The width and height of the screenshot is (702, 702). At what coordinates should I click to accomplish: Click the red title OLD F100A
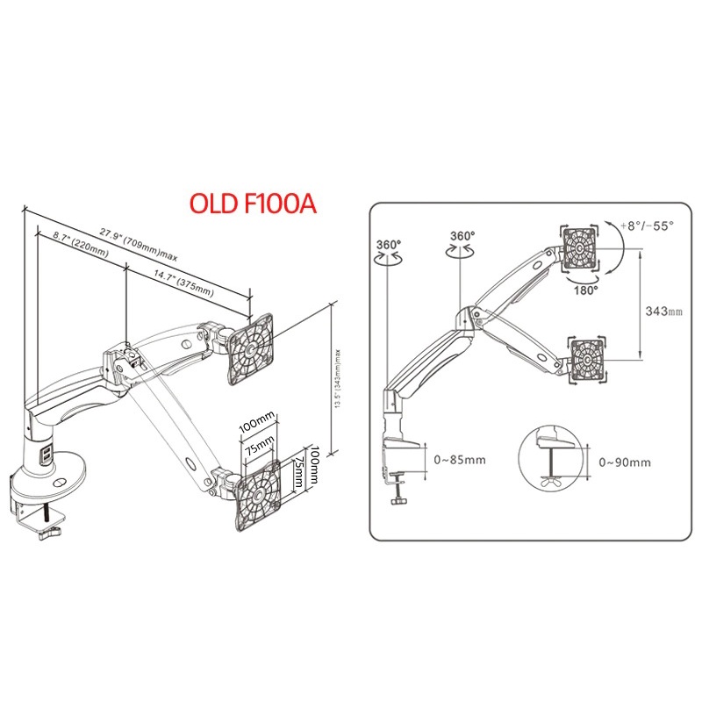[253, 204]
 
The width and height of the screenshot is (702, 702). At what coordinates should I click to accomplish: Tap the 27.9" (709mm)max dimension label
[139, 245]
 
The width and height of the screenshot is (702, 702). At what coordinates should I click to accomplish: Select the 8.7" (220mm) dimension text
[81, 244]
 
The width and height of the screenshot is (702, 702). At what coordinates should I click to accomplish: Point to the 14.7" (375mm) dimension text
[183, 283]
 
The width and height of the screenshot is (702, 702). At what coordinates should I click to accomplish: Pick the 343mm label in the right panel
[664, 311]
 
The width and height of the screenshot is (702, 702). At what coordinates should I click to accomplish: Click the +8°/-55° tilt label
[647, 226]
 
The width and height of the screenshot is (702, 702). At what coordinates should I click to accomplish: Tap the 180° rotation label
[586, 290]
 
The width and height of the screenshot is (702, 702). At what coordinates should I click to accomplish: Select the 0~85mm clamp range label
[460, 460]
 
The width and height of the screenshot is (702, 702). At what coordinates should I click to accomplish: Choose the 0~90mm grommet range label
[625, 462]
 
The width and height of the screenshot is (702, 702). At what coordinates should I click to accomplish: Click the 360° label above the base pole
[389, 245]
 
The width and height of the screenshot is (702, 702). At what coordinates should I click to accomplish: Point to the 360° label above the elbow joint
[462, 236]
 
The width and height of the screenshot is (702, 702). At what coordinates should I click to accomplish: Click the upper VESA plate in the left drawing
[249, 348]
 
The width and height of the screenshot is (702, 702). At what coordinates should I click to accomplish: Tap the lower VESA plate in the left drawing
[257, 495]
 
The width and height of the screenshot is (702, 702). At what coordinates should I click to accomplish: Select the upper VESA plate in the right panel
[580, 248]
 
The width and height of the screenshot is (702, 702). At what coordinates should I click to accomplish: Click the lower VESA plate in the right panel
[588, 360]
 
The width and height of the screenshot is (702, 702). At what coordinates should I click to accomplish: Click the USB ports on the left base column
[47, 454]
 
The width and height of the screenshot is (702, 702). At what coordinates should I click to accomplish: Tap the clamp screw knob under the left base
[50, 534]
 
